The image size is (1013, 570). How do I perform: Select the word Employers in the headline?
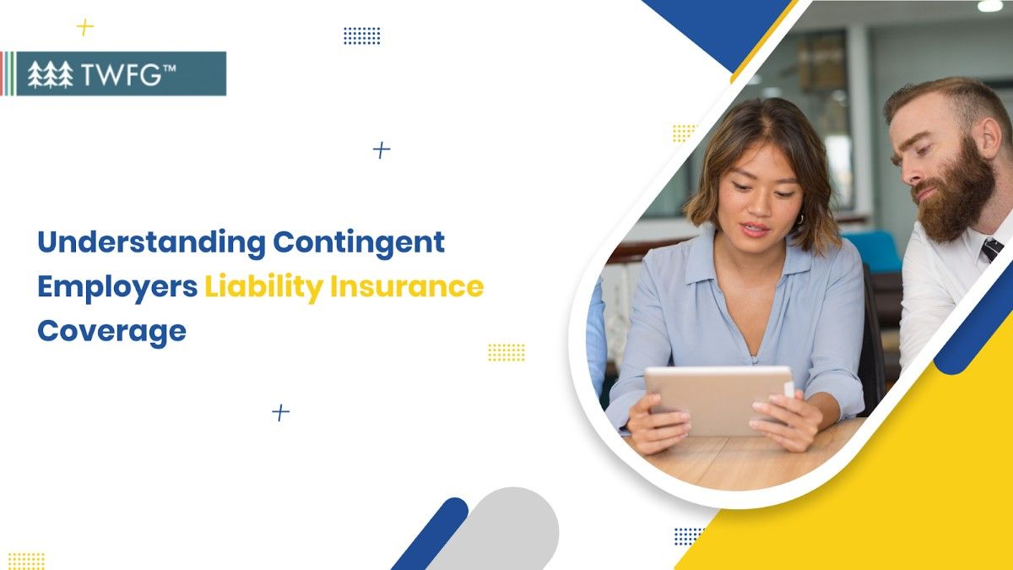116,287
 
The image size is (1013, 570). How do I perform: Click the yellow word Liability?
263,287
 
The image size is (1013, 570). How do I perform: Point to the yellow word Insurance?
407,287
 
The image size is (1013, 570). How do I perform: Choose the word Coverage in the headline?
111,331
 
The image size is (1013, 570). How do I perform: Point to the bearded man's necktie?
991,249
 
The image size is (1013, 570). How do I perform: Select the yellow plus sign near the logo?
84,27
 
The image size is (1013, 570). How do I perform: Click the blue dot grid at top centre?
361,35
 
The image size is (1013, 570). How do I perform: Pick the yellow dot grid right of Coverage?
506,352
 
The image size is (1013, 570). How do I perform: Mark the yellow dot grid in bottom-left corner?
26,561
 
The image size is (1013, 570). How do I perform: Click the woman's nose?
754,209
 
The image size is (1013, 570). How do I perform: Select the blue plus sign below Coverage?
280,412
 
